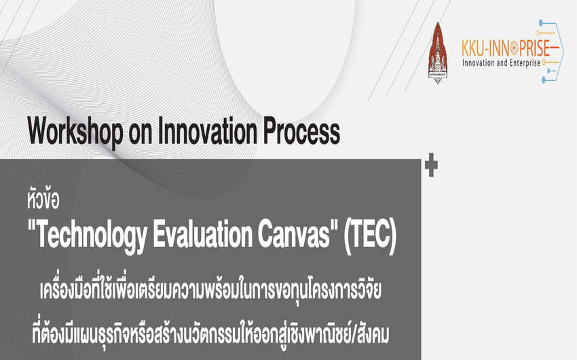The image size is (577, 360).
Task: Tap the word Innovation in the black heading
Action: pyautogui.click(x=207, y=131)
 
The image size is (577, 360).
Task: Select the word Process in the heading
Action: pyautogui.click(x=301, y=131)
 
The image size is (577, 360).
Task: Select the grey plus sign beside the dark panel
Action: pyautogui.click(x=431, y=165)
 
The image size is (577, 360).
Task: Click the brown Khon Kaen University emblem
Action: pyautogui.click(x=438, y=53)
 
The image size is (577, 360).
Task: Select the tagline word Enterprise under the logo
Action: pyautogui.click(x=524, y=63)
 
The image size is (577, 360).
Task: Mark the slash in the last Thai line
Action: pyautogui.click(x=350, y=335)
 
